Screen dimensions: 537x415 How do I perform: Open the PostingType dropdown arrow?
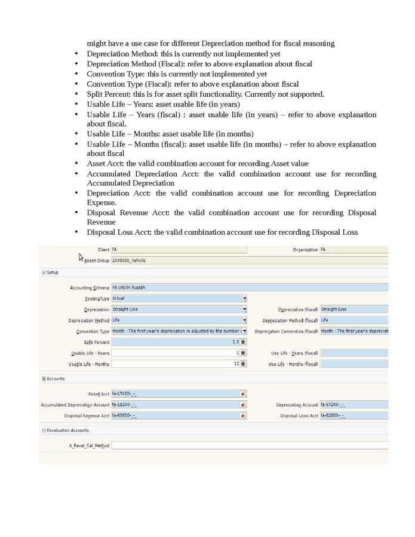(x=244, y=298)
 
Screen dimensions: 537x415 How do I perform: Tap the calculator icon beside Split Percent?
(x=244, y=342)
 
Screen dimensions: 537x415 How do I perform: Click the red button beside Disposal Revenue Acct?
(x=244, y=416)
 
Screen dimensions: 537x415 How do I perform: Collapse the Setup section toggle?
(x=44, y=272)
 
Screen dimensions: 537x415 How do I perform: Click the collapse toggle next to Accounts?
(x=44, y=379)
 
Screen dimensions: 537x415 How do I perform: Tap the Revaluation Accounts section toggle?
(x=44, y=431)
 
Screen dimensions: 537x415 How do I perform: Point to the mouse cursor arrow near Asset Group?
(x=81, y=256)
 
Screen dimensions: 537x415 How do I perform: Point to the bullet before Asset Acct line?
(x=76, y=164)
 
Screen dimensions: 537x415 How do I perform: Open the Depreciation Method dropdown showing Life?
(x=244, y=320)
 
